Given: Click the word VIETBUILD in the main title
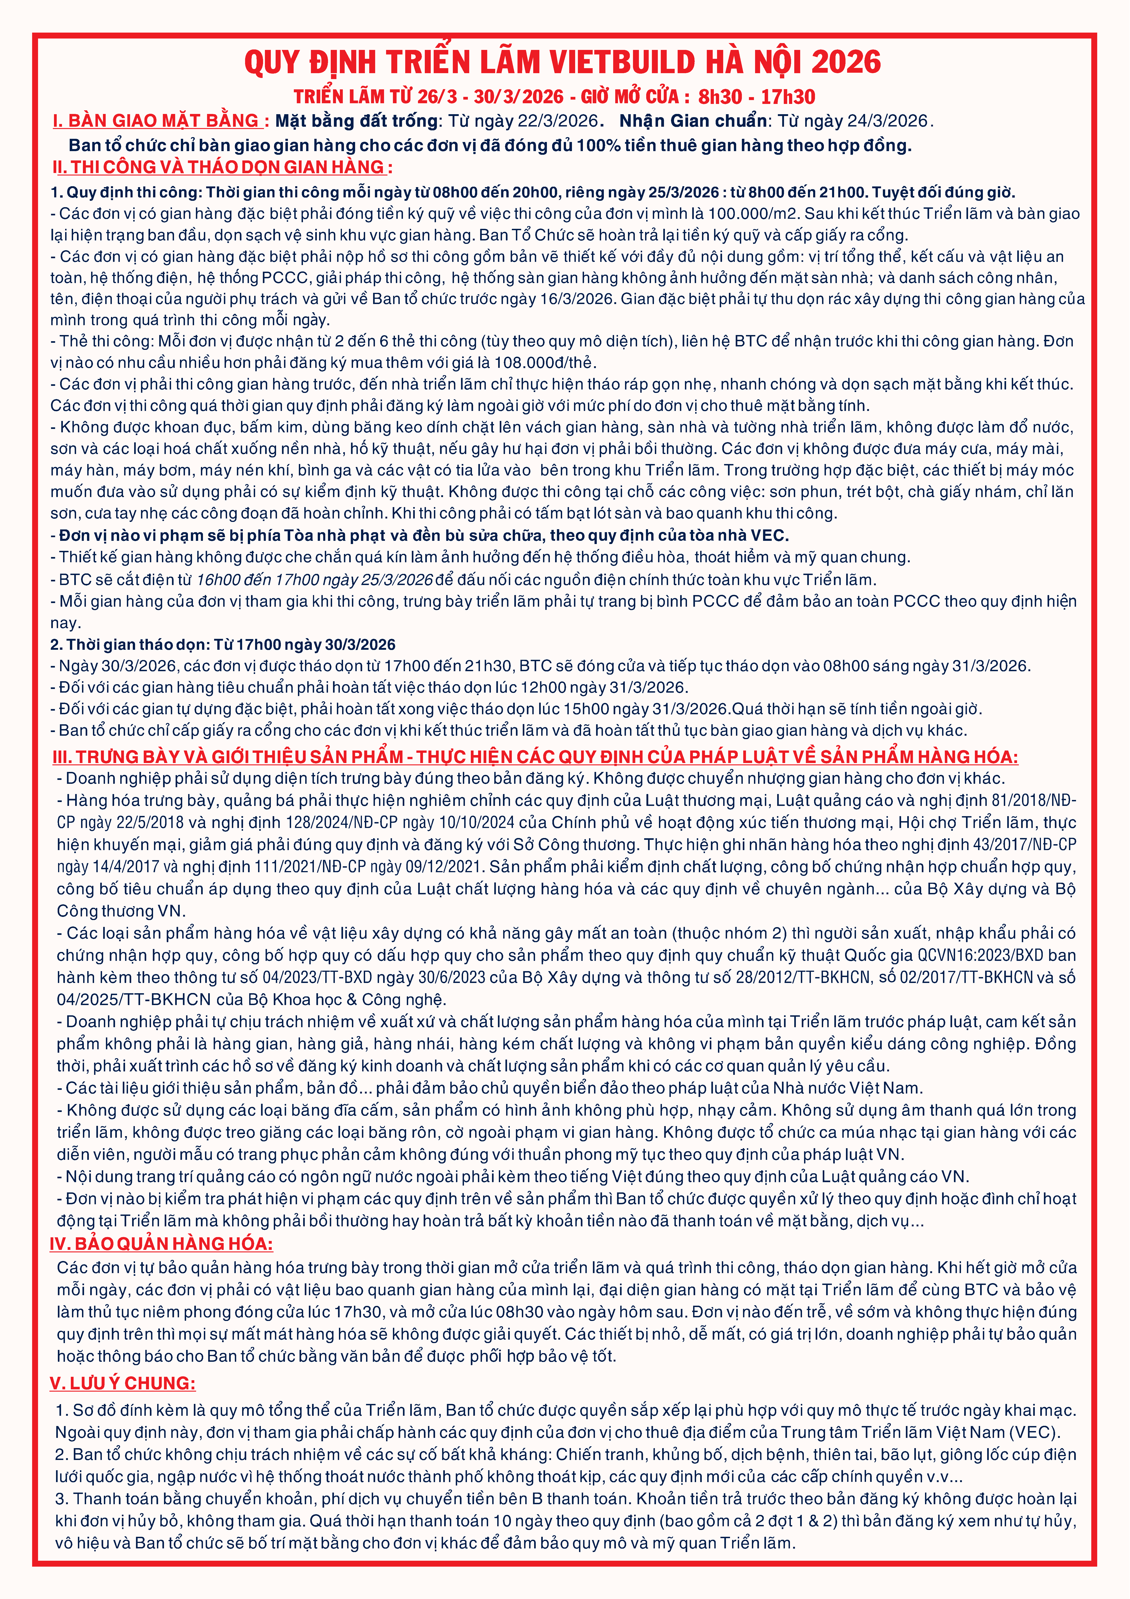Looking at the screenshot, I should point(622,63).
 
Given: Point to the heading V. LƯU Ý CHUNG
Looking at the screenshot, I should point(123,1383).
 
